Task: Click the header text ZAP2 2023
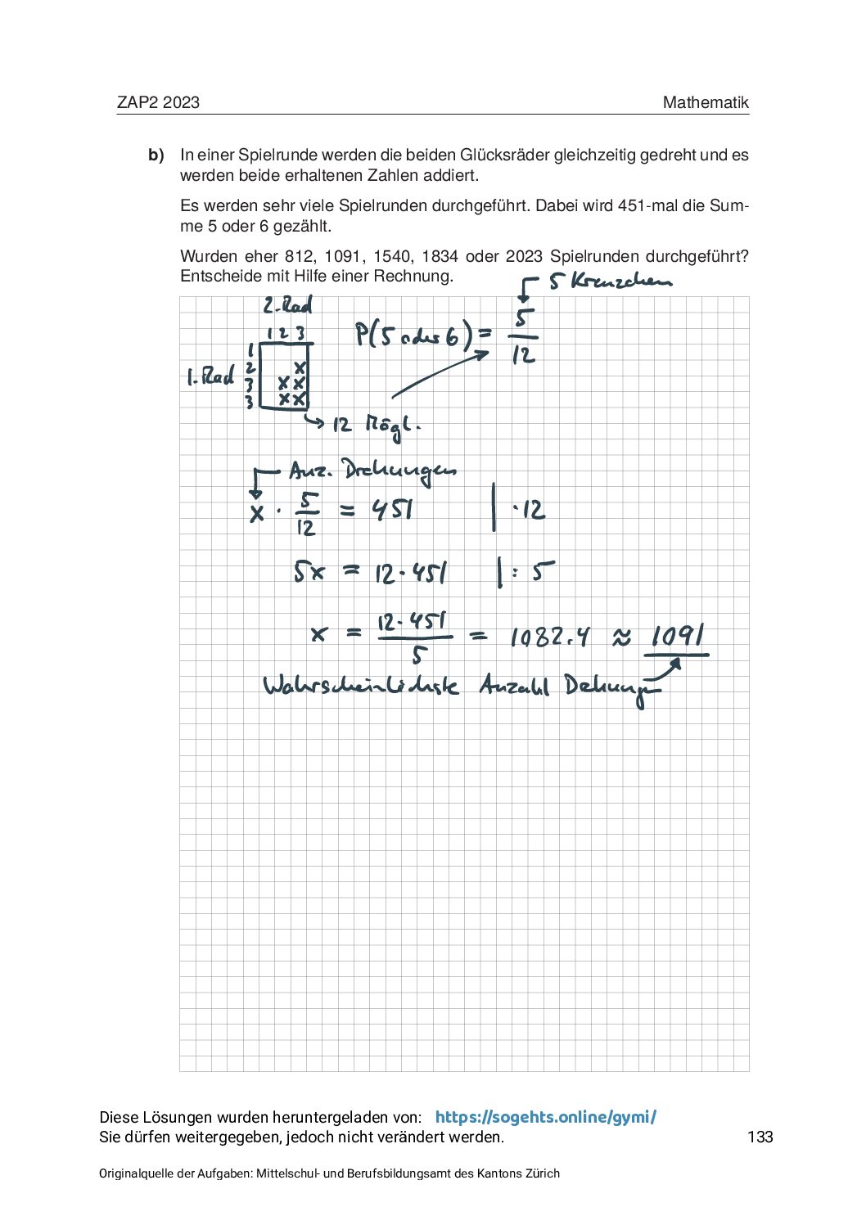tap(158, 102)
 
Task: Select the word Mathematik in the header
tap(706, 102)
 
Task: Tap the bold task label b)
tap(156, 155)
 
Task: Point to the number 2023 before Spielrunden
tap(524, 256)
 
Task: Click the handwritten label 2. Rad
tap(287, 306)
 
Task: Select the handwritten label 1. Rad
tap(210, 377)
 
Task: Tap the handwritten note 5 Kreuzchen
tap(610, 281)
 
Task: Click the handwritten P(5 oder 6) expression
tap(423, 335)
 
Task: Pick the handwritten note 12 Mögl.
tap(376, 425)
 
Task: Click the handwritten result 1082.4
tap(550, 637)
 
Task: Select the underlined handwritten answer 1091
tap(678, 636)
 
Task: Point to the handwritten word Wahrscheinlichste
tap(360, 685)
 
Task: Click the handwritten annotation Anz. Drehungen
tap(372, 471)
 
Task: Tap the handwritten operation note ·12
tap(529, 511)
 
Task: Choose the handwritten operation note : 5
tap(532, 571)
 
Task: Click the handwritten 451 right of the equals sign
tap(393, 511)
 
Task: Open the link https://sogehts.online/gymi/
tap(545, 1117)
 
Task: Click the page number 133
tap(760, 1137)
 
